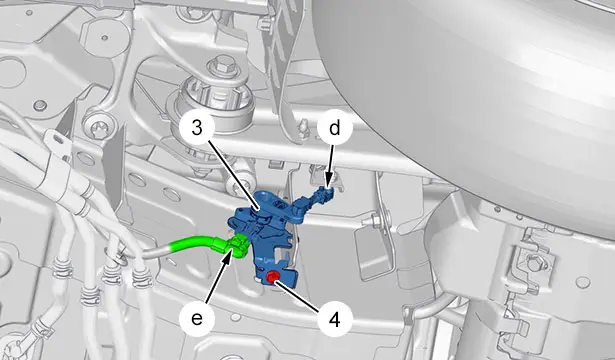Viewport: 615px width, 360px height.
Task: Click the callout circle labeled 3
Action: pyautogui.click(x=197, y=129)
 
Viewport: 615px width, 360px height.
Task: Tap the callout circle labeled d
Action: pyautogui.click(x=334, y=129)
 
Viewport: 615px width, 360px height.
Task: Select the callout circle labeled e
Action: pyautogui.click(x=197, y=318)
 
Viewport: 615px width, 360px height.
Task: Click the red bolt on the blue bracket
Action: pyautogui.click(x=271, y=278)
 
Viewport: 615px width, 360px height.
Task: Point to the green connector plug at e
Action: pyautogui.click(x=238, y=245)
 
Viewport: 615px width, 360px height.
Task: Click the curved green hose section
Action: pyautogui.click(x=192, y=243)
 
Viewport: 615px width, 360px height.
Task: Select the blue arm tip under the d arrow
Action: pyautogui.click(x=326, y=192)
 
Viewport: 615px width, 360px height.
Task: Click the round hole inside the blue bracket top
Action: pyautogui.click(x=280, y=204)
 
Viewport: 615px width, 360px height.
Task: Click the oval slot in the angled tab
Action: pyautogui.click(x=58, y=139)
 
